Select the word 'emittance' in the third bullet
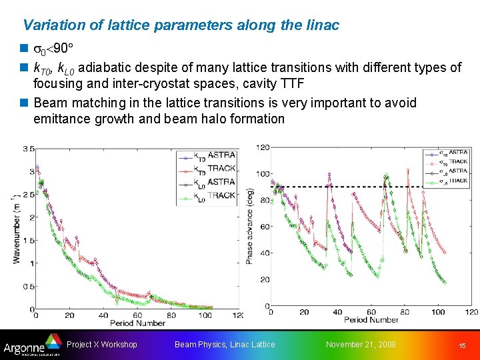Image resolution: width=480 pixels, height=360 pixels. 62,119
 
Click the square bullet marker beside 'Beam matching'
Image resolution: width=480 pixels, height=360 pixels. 25,103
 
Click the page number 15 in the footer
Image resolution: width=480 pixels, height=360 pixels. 462,345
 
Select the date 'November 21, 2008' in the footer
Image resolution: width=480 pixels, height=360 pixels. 360,344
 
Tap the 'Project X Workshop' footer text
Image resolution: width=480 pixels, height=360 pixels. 102,344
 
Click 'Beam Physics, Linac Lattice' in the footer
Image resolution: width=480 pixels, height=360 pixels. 224,344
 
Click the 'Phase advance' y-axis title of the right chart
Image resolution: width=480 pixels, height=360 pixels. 250,227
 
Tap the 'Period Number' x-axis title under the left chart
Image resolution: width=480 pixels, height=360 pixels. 137,323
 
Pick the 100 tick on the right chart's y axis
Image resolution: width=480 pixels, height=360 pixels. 262,174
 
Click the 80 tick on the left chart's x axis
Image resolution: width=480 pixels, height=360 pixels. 171,315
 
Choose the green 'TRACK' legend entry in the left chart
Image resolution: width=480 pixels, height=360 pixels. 221,195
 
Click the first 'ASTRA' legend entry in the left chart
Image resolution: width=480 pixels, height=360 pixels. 221,155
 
